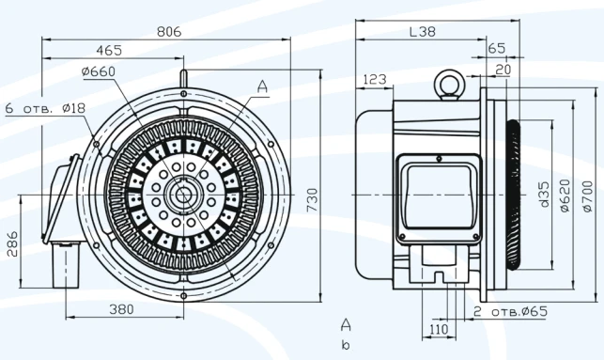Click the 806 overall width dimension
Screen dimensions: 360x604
pyautogui.click(x=168, y=31)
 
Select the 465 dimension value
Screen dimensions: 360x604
pyautogui.click(x=109, y=51)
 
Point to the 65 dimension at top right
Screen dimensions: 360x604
pyautogui.click(x=497, y=48)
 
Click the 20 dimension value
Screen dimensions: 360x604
pyautogui.click(x=503, y=69)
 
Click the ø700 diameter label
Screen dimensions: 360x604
pyautogui.click(x=588, y=195)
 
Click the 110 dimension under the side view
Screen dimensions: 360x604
pyautogui.click(x=439, y=330)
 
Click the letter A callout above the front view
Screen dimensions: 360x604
pyautogui.click(x=262, y=86)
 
